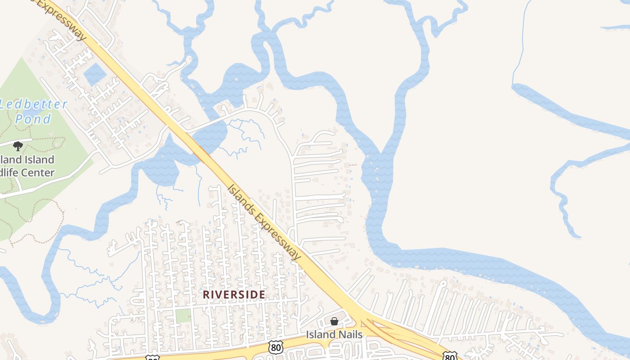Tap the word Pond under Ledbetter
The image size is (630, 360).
(33, 119)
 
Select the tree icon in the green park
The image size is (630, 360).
(18, 146)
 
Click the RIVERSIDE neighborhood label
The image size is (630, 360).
(234, 294)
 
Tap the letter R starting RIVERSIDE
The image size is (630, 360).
(206, 294)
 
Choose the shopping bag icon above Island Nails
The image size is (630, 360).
(334, 321)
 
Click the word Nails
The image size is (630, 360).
(350, 335)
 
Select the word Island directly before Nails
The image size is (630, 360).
(320, 335)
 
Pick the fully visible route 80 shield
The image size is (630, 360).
(276, 346)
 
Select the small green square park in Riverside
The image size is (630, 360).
(183, 315)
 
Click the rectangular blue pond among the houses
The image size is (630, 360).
(94, 74)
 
